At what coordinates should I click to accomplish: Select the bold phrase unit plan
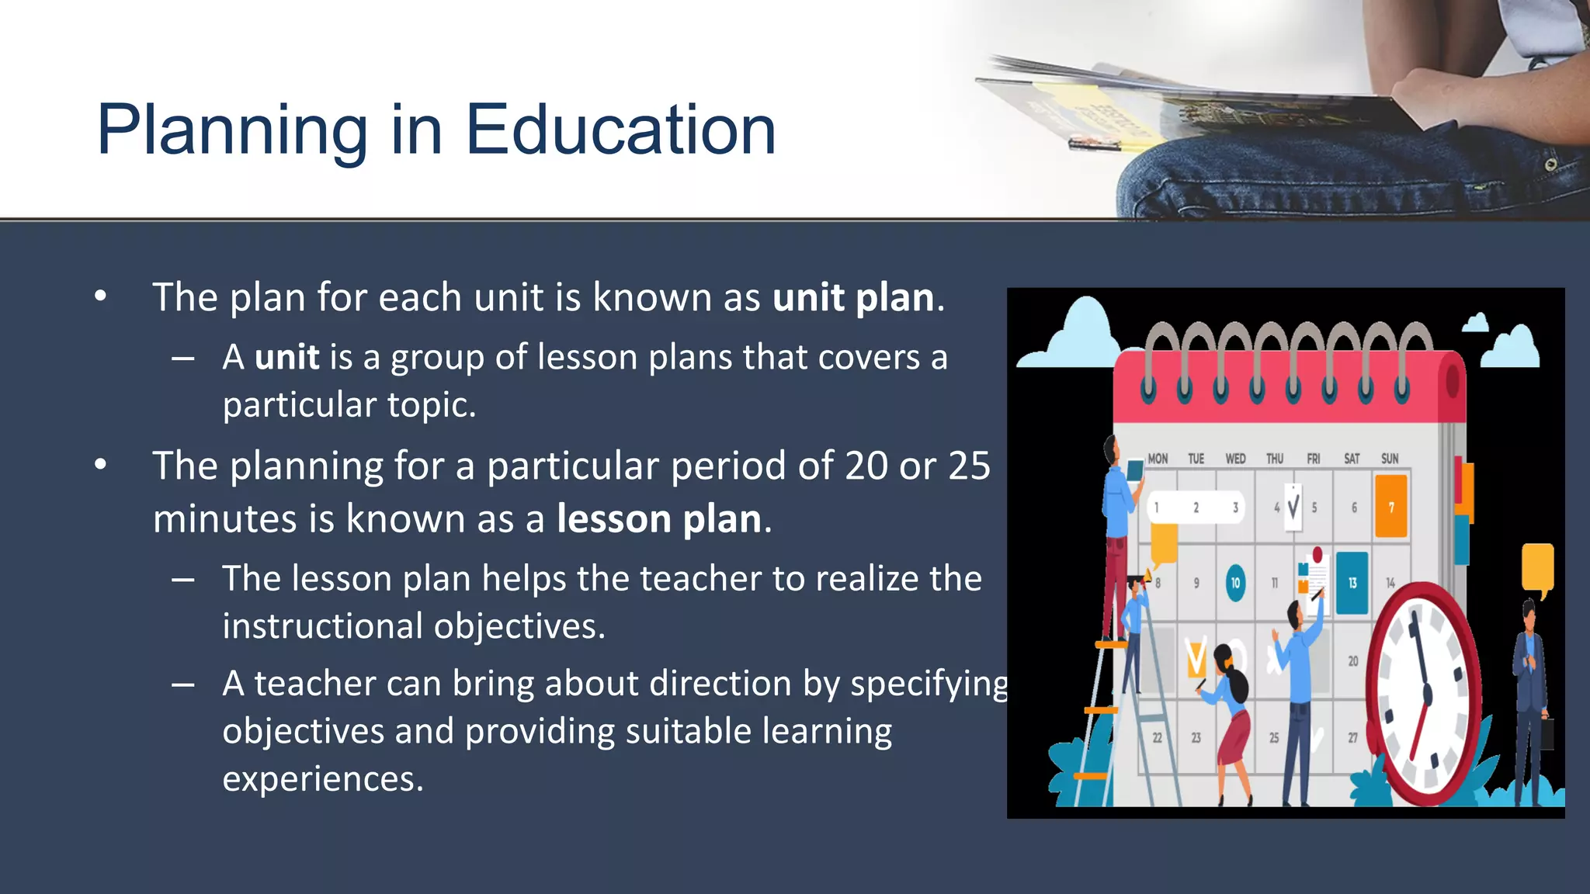coord(853,298)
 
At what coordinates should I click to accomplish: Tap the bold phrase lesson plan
coord(659,519)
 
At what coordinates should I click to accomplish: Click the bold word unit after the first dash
coord(286,358)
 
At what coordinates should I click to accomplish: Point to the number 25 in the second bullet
coord(969,466)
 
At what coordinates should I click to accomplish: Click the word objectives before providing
coord(299,732)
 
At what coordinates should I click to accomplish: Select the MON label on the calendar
coord(1158,459)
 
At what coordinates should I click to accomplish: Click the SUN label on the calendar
coord(1390,459)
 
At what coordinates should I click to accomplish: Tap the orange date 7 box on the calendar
coord(1390,507)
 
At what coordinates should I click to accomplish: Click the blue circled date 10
coord(1235,583)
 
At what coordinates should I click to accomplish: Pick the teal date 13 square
coord(1352,583)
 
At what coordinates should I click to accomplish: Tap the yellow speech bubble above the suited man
coord(1537,567)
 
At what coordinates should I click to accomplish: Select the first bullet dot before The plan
coord(100,296)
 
